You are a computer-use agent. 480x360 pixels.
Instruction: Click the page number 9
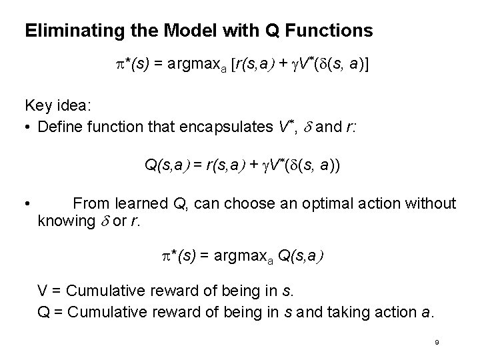[435, 341]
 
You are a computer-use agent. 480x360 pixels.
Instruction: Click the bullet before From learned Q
[27, 203]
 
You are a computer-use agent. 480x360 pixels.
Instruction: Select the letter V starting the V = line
[41, 291]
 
